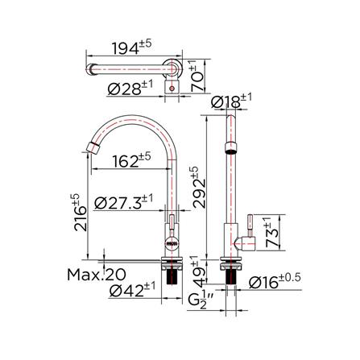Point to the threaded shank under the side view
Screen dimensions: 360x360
tap(230, 276)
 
